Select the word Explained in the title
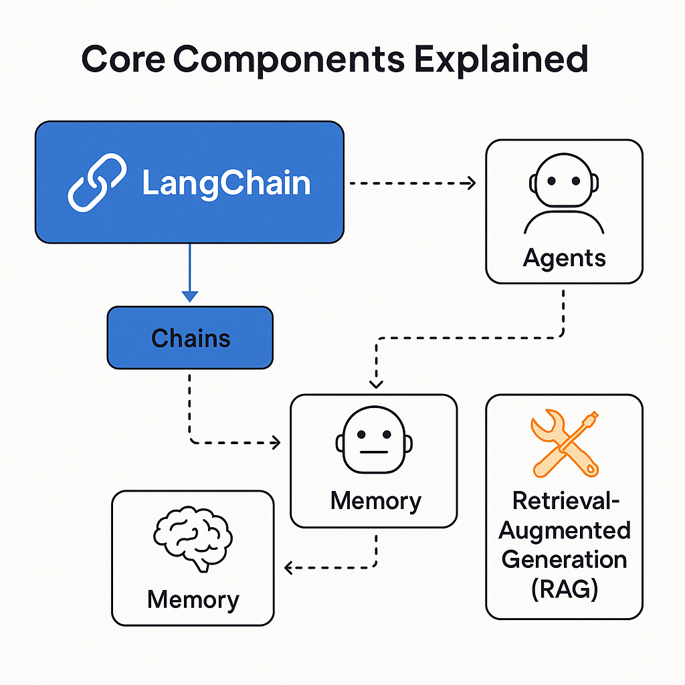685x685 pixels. pyautogui.click(x=501, y=60)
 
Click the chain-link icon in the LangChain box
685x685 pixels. pyautogui.click(x=97, y=183)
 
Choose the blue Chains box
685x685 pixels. pyautogui.click(x=190, y=338)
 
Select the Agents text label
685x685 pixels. pyautogui.click(x=564, y=258)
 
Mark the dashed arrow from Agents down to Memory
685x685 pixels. pyautogui.click(x=468, y=338)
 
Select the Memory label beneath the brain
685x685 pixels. pyautogui.click(x=193, y=599)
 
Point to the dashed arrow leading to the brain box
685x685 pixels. pyautogui.click(x=334, y=568)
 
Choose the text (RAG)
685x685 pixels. pyautogui.click(x=564, y=589)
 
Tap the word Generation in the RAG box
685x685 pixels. pyautogui.click(x=564, y=559)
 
